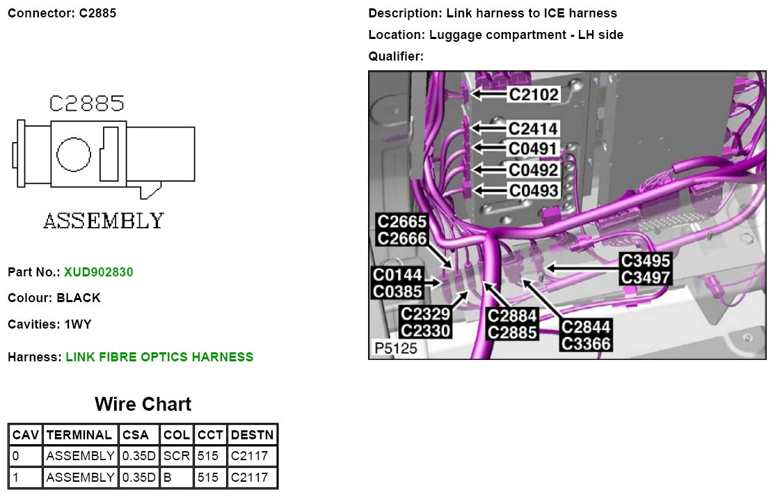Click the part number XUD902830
[x=98, y=272]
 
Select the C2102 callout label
[x=534, y=94]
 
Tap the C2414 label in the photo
[x=534, y=129]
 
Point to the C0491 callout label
[x=534, y=148]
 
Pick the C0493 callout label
[x=534, y=190]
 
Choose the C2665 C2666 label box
[x=401, y=230]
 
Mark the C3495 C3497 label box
[x=646, y=269]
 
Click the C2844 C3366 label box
[x=586, y=335]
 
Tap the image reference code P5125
[x=395, y=348]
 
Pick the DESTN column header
[x=253, y=434]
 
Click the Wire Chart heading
[x=143, y=404]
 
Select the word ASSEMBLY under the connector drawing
[x=104, y=221]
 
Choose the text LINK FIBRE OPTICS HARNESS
[x=159, y=357]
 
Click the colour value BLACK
[x=79, y=298]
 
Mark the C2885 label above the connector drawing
[x=86, y=104]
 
